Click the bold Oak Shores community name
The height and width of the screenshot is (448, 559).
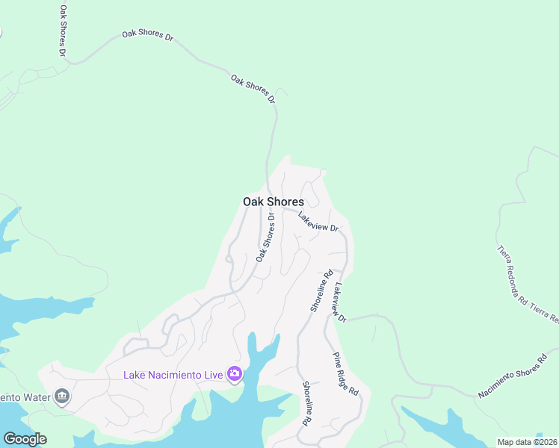[x=273, y=202]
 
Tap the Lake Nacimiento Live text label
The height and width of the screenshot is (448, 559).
[x=173, y=374]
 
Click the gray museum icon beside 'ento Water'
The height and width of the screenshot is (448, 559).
[x=63, y=396]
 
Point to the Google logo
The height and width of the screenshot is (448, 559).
[x=25, y=439]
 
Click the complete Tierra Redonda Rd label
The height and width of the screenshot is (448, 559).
[x=513, y=276]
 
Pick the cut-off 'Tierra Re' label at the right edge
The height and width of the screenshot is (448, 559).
[x=546, y=314]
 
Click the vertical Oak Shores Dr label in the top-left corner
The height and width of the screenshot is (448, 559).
[x=63, y=31]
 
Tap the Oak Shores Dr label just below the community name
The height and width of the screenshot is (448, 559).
[x=265, y=237]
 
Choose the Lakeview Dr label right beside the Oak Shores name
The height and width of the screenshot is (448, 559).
[x=318, y=221]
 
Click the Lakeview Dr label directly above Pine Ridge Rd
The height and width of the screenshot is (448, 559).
[x=341, y=302]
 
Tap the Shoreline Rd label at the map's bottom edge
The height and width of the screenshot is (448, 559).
[x=306, y=403]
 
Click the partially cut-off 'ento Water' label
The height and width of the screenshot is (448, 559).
[x=25, y=396]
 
